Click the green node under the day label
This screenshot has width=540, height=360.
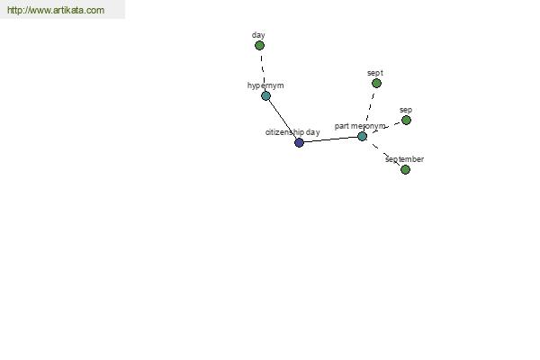260,46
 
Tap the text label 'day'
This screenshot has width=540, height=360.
258,35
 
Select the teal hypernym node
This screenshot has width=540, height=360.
265,95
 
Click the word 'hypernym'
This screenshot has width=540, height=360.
265,85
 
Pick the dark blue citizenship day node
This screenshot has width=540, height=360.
299,142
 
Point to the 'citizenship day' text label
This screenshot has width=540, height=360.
292,132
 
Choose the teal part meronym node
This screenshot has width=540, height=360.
362,137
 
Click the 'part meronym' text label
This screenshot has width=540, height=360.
360,126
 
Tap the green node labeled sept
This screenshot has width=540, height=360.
376,83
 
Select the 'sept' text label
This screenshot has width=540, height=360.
375,73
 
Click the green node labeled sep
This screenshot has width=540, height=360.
407,121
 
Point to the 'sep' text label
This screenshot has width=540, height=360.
406,110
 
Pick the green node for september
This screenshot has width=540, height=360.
405,169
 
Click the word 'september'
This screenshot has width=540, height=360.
405,159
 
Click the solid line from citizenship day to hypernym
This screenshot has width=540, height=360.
282,119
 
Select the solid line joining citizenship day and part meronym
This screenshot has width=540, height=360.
330,139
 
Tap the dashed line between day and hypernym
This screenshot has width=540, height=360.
263,70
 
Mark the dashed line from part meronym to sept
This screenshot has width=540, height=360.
369,110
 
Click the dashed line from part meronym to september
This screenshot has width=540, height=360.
383,153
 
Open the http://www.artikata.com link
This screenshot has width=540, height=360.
56,10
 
